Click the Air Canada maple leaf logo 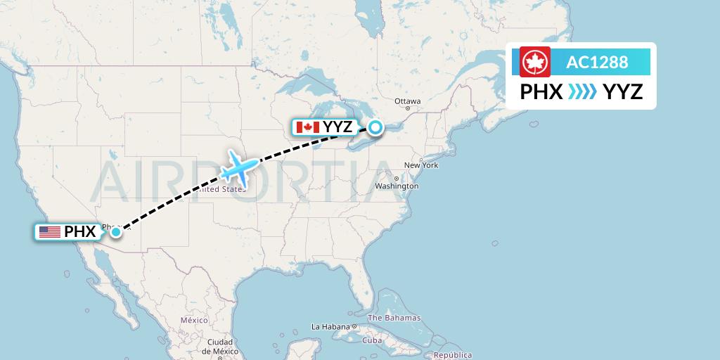point(535,62)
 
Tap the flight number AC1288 point(597,62)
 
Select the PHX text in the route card point(541,92)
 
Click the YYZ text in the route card point(623,92)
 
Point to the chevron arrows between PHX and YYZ point(582,92)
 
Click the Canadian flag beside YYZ point(308,127)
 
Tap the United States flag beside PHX point(49,231)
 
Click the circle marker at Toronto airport point(376,127)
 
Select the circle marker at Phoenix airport point(115,231)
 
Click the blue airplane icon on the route point(238,169)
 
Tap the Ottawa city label point(407,101)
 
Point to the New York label point(421,165)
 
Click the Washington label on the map point(397,186)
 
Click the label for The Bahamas point(394,318)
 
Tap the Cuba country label point(371,340)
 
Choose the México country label point(194,320)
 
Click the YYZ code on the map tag point(337,127)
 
